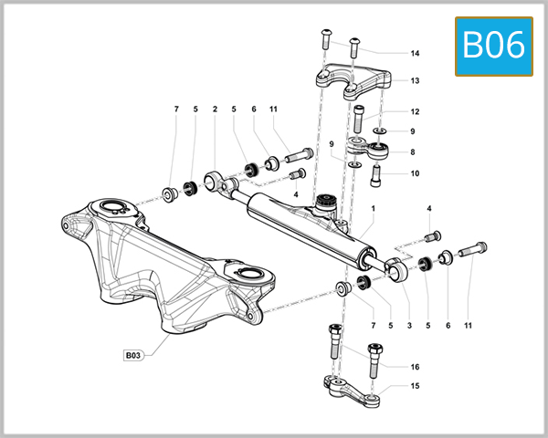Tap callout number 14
click(415, 53)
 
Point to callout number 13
click(415, 80)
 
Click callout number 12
click(415, 112)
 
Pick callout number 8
click(415, 152)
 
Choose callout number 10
click(415, 173)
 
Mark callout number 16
click(415, 367)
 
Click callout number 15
click(415, 386)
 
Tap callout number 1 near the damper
click(373, 208)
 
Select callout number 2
click(215, 109)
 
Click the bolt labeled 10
click(374, 177)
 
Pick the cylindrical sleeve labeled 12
click(357, 118)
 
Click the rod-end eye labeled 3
click(395, 269)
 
